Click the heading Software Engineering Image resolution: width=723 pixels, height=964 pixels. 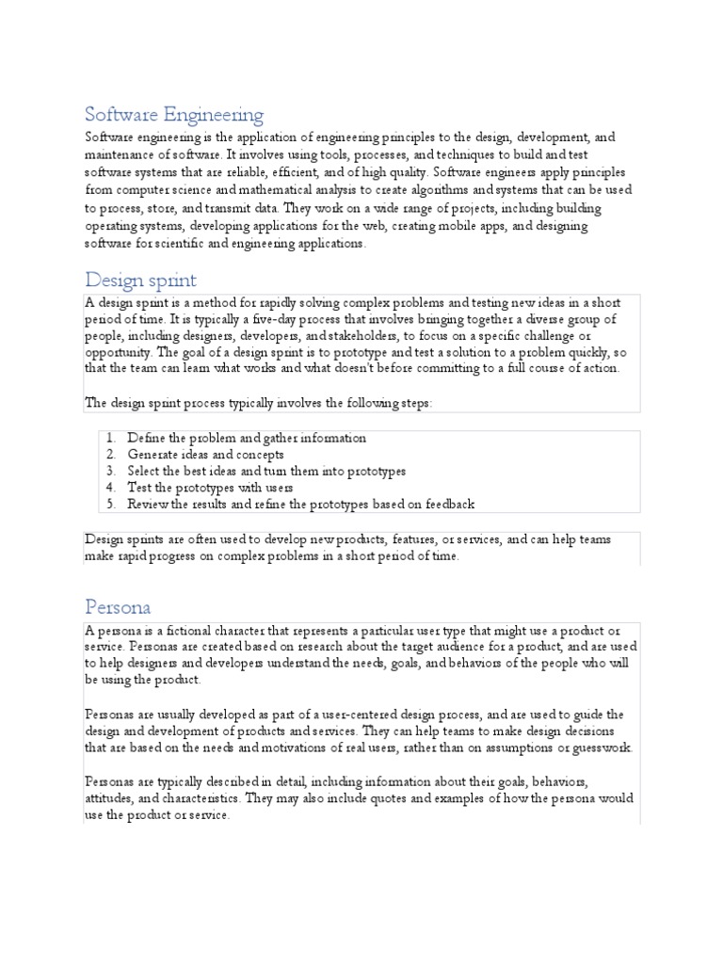pyautogui.click(x=174, y=116)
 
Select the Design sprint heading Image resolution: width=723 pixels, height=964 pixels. pyautogui.click(x=140, y=280)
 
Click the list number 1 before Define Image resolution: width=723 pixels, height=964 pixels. pyautogui.click(x=110, y=438)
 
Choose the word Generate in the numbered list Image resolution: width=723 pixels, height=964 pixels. pyautogui.click(x=154, y=455)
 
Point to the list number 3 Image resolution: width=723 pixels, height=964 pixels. pyautogui.click(x=110, y=471)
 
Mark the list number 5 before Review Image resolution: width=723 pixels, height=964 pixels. pyautogui.click(x=110, y=504)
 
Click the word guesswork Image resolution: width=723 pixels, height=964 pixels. pyautogui.click(x=600, y=747)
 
